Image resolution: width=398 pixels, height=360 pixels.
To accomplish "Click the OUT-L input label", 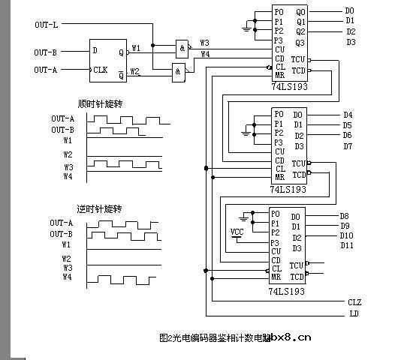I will (46, 25).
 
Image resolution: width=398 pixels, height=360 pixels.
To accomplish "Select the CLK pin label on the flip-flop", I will (101, 70).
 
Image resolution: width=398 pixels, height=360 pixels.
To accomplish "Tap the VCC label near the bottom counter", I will (237, 231).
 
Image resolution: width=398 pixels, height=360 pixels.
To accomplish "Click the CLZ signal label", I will (354, 301).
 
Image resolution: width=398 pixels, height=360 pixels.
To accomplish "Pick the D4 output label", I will (347, 115).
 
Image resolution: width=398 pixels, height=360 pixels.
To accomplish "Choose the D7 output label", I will (347, 145).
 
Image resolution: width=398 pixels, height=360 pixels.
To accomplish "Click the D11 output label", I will (346, 245).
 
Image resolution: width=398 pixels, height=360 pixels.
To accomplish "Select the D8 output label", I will (344, 216).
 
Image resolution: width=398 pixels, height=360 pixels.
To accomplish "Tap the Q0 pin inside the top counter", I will (300, 12).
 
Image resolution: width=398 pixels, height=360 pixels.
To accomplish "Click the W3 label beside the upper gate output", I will (205, 43).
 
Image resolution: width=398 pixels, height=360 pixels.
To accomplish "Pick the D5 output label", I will (347, 125).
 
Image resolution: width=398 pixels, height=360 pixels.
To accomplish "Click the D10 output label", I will (346, 235).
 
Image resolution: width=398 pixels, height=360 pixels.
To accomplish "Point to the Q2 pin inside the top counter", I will (300, 31).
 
